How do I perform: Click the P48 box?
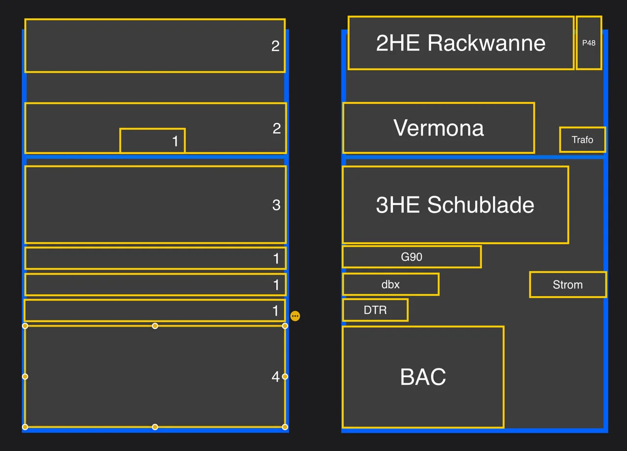pos(589,43)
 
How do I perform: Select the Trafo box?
pos(582,140)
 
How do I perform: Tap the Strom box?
pos(568,285)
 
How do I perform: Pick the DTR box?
pos(375,310)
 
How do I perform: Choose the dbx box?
pos(390,284)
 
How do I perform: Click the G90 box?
pos(411,257)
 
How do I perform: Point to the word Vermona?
pos(438,128)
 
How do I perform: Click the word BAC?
pos(423,377)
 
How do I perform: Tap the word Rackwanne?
pos(486,43)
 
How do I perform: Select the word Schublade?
pos(481,205)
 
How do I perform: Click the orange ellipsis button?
pos(295,316)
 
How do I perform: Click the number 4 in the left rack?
pos(276,376)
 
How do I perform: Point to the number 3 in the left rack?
pos(276,205)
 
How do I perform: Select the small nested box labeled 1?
pos(152,141)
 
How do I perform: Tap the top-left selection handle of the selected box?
pos(25,326)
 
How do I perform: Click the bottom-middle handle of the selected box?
pos(155,427)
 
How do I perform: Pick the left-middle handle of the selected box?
pos(25,376)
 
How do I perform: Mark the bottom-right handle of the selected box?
pos(285,427)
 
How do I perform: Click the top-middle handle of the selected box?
pos(155,326)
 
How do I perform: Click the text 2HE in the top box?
pos(398,43)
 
